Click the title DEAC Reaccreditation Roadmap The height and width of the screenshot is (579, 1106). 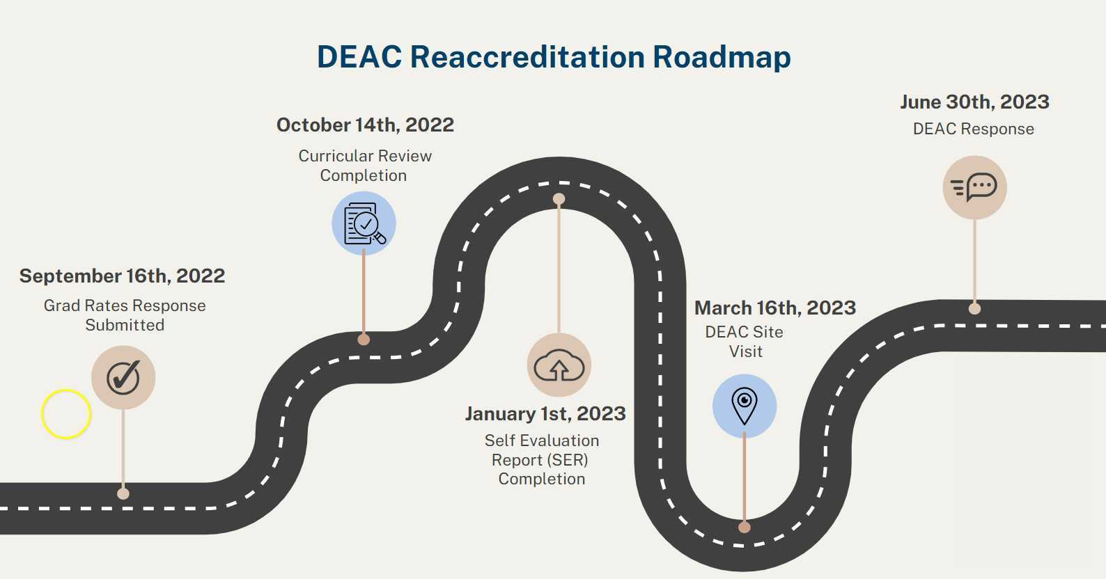tap(554, 57)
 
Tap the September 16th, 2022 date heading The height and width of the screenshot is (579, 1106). tap(123, 276)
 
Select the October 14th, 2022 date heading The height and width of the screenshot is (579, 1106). tap(365, 125)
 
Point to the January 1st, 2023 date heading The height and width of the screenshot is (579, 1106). tap(545, 414)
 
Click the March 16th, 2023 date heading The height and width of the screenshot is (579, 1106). tap(775, 308)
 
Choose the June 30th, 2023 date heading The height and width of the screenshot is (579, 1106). tap(974, 102)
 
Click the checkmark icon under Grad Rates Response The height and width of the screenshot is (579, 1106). tap(123, 378)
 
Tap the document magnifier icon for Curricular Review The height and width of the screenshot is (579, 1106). tap(364, 223)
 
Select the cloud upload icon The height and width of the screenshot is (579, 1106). tap(559, 365)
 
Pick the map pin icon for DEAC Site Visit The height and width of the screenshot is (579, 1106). tap(745, 406)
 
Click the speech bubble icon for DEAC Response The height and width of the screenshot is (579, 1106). tap(974, 187)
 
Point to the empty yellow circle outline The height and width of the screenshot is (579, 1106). tap(66, 414)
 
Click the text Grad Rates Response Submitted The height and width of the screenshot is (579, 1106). tap(125, 315)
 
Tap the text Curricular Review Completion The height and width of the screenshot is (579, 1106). tap(365, 166)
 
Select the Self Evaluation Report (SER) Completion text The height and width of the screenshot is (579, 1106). tap(542, 459)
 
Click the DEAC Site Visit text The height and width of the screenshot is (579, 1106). tap(745, 342)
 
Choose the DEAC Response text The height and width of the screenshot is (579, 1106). tap(973, 129)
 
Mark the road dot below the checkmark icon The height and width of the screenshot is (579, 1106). tap(123, 493)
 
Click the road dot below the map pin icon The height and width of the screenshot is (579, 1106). tap(745, 527)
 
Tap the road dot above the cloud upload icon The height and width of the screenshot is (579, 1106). tap(559, 199)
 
